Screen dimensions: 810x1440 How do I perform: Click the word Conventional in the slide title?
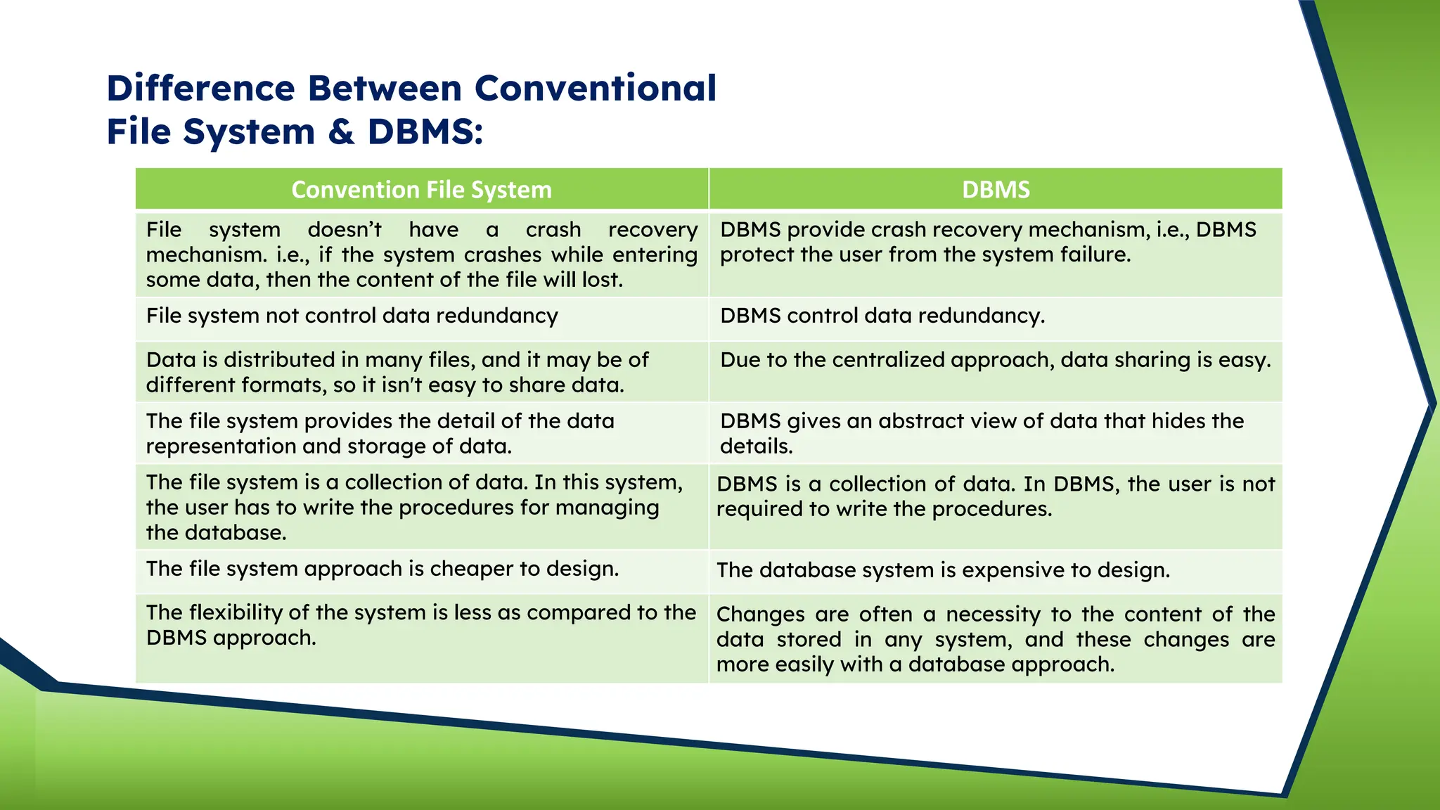pyautogui.click(x=596, y=89)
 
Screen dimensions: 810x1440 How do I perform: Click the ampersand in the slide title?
pyautogui.click(x=341, y=132)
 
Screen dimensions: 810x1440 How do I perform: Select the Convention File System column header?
pyautogui.click(x=421, y=190)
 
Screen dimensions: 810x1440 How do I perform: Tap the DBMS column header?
pyautogui.click(x=995, y=190)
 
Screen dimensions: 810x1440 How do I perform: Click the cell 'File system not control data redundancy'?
pyautogui.click(x=352, y=316)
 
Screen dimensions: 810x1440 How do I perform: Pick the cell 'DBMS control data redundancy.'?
pyautogui.click(x=882, y=316)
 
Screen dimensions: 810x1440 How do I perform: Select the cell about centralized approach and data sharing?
pyautogui.click(x=995, y=360)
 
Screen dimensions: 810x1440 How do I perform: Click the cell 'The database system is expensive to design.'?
pyautogui.click(x=943, y=570)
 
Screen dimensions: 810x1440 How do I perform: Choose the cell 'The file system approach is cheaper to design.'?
pyautogui.click(x=382, y=569)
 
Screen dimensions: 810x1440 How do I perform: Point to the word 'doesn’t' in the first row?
pyautogui.click(x=345, y=230)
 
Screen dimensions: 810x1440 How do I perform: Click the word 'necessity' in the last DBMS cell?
pyautogui.click(x=993, y=615)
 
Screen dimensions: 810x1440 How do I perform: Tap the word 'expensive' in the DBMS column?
pyautogui.click(x=1012, y=570)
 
